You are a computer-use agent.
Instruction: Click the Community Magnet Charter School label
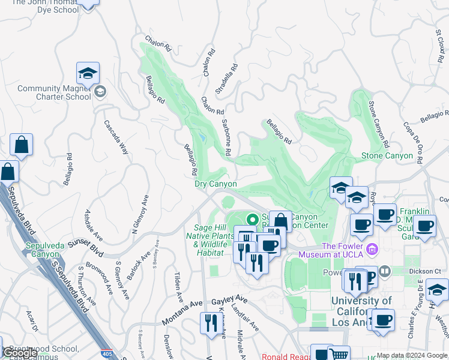coord(54,92)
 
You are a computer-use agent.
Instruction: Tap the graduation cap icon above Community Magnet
coord(88,74)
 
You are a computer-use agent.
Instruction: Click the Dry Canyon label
coord(215,184)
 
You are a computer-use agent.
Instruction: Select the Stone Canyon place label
coord(387,156)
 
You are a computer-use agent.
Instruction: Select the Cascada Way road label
coord(116,137)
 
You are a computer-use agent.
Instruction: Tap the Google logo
coord(19,353)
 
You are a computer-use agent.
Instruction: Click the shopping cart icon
coord(339,354)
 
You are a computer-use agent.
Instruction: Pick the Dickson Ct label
coord(429,271)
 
